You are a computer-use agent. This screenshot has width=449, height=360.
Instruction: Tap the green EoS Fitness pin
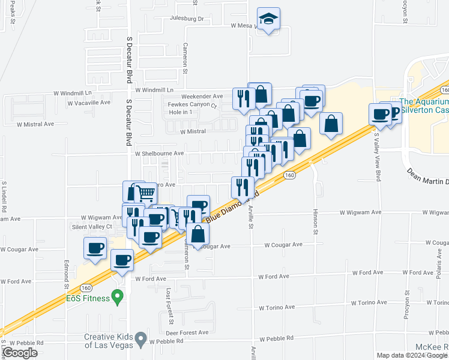(x=118, y=296)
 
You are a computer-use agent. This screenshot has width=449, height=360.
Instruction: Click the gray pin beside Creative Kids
(x=140, y=339)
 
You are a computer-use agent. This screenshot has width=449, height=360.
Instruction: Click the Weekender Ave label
(x=203, y=96)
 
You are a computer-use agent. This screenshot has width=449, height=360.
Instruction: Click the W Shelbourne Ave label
(x=159, y=153)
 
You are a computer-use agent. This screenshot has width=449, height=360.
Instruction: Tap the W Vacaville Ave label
(x=89, y=103)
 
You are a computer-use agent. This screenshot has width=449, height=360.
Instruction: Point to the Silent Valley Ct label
(x=92, y=227)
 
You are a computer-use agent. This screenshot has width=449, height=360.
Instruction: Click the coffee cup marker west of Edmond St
(x=96, y=248)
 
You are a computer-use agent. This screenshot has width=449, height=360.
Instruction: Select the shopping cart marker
(x=146, y=193)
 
